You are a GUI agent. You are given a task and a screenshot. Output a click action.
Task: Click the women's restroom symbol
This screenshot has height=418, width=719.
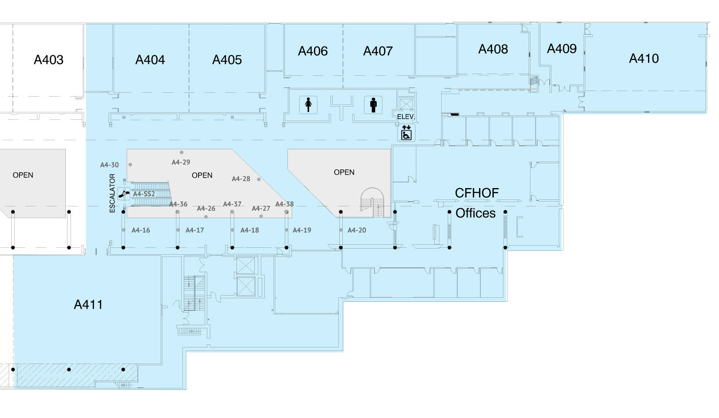308,105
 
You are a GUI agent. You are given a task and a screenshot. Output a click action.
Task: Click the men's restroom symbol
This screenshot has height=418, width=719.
373,105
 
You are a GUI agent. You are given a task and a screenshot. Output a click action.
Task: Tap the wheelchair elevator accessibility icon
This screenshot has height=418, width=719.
406,133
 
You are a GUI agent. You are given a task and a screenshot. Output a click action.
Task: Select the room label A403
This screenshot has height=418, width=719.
49,60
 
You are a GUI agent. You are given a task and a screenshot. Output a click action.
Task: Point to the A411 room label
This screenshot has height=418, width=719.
88,304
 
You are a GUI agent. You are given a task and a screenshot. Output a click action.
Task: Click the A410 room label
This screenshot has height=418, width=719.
644,58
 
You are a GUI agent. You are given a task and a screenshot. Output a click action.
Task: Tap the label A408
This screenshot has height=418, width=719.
493,49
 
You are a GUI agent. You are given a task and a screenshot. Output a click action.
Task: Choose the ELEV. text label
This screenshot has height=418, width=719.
406,117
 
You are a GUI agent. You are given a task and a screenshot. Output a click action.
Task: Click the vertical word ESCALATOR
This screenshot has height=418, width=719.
112,193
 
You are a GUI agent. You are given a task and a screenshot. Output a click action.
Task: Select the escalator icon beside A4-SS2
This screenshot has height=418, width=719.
124,193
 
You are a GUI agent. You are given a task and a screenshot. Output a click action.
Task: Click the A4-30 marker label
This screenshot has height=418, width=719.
109,165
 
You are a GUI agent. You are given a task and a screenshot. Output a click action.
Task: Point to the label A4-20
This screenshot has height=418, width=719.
357,230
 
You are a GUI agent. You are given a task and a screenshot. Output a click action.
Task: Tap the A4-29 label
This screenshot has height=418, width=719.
181,162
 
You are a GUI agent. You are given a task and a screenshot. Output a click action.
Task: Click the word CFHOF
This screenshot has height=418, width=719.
477,193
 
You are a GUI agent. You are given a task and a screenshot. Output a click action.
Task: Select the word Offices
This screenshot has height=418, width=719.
476,213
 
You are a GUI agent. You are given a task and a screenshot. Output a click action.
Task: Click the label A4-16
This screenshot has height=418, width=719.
141,230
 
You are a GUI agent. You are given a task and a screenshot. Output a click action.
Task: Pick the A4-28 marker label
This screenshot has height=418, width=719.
241,179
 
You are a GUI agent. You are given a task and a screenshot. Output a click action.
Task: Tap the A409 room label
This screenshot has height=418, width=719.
562,49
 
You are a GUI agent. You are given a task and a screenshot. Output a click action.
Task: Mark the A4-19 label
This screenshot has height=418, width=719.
302,230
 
